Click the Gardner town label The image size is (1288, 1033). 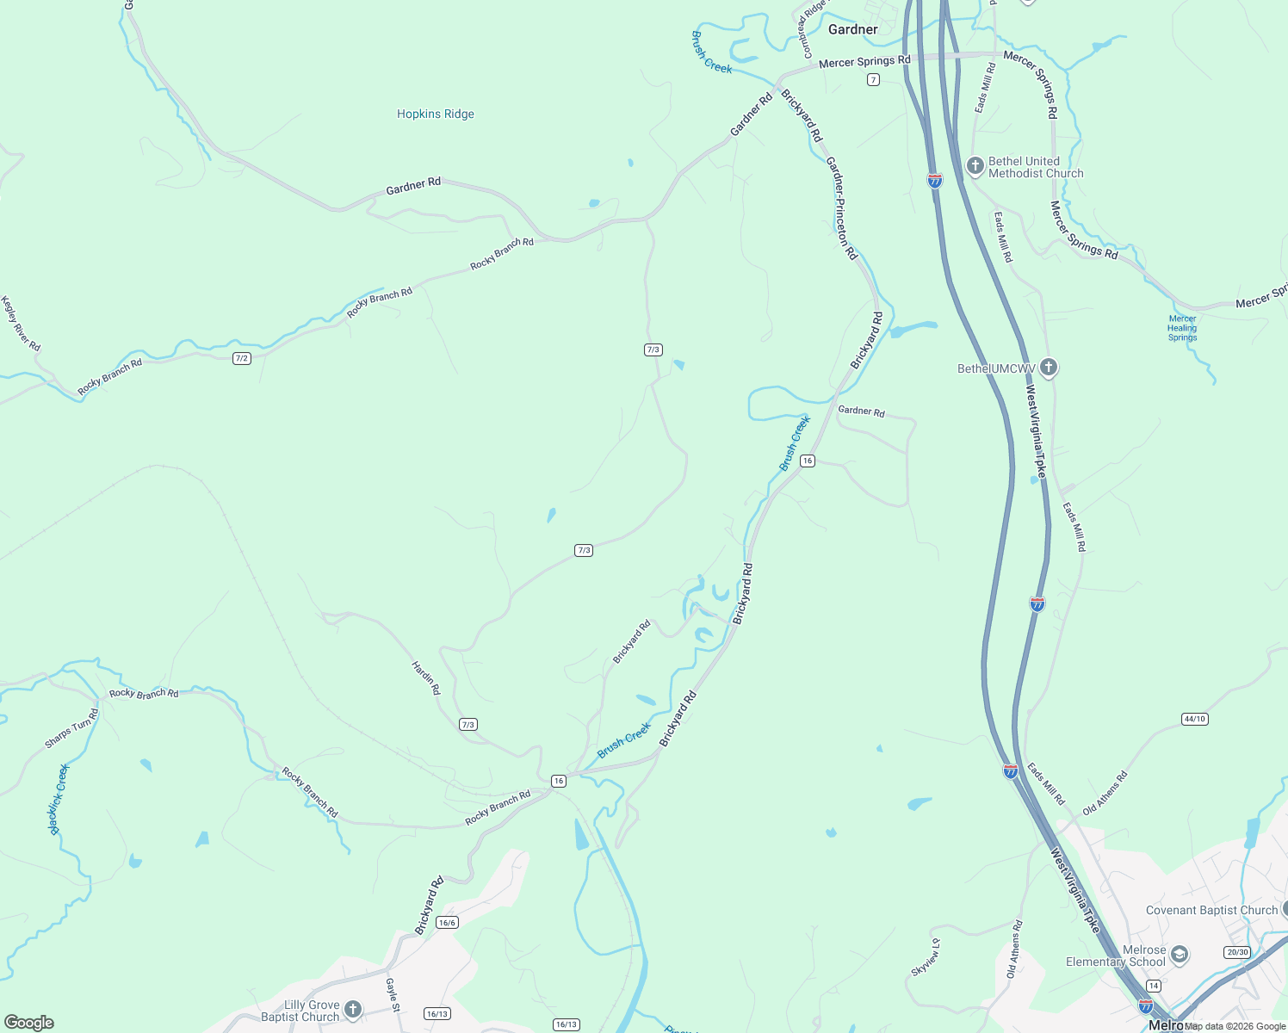(x=852, y=29)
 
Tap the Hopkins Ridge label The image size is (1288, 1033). (x=435, y=114)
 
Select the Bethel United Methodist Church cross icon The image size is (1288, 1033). (x=975, y=166)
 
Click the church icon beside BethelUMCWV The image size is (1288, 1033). (x=1048, y=368)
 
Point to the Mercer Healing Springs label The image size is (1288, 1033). (x=1182, y=328)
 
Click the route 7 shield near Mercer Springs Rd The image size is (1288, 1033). (x=873, y=80)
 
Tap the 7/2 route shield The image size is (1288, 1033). (x=242, y=358)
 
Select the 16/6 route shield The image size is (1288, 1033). (x=447, y=923)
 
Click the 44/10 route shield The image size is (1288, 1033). (x=1195, y=719)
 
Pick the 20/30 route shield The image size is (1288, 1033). (x=1236, y=952)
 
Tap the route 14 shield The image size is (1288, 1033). (x=1154, y=986)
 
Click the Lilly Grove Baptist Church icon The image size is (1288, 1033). (x=352, y=1009)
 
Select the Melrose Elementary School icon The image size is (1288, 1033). (x=1180, y=955)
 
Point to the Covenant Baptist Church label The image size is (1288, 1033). (x=1211, y=910)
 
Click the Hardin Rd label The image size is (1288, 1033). (x=426, y=678)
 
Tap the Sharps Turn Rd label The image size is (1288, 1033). (x=72, y=728)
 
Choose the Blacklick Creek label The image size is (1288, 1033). (x=59, y=800)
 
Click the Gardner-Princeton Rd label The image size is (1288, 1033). (x=841, y=208)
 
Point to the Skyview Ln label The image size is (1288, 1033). (x=926, y=957)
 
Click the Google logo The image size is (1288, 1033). (x=28, y=1023)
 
